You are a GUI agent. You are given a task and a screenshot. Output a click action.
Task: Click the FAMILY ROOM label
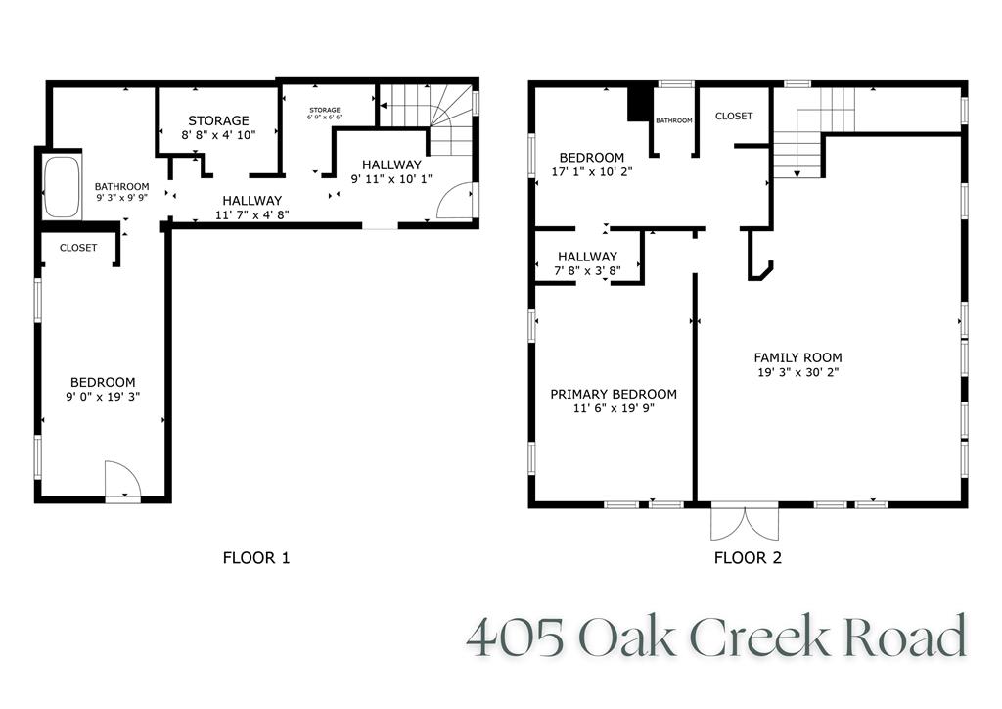tap(797, 357)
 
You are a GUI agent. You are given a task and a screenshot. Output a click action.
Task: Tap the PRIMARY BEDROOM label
tap(613, 394)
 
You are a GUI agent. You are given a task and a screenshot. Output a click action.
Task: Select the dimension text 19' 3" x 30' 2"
tap(797, 373)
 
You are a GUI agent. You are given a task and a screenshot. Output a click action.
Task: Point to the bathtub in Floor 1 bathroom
tap(61, 187)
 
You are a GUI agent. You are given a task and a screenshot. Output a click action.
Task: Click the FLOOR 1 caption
tap(256, 559)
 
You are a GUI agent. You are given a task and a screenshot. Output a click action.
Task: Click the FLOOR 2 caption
tap(748, 559)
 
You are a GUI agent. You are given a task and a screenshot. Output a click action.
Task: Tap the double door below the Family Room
tap(745, 523)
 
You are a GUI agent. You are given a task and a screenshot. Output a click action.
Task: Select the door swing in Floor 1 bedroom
tap(122, 480)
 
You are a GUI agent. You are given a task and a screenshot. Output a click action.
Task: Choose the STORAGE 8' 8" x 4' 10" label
tap(218, 128)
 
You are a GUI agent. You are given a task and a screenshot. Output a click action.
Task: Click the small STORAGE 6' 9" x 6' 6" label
tap(324, 114)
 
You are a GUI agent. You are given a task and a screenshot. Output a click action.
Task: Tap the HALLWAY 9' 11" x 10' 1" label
tap(391, 171)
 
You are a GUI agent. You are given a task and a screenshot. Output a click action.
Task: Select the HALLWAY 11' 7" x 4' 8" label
tap(251, 208)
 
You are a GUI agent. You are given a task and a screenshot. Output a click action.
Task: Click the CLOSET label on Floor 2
tap(734, 116)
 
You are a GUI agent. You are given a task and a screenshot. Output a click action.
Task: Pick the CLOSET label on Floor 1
tap(78, 248)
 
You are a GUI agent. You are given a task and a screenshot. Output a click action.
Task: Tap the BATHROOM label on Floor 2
tap(673, 120)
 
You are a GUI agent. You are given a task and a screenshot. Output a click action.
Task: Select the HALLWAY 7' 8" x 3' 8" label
tap(587, 263)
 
